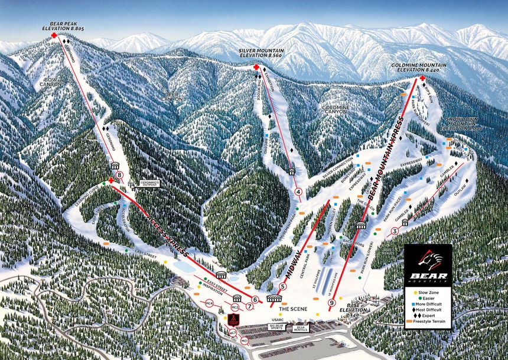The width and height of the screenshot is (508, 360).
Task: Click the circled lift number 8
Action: (x=120, y=175)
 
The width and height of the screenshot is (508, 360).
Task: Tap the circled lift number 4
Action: (x=299, y=192)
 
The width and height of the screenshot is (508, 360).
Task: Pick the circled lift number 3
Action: (x=394, y=231)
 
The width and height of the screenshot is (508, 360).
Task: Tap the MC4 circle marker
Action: (x=209, y=304)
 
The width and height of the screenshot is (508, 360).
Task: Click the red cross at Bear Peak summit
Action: (x=55, y=36)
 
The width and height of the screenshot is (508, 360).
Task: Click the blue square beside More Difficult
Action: (x=416, y=305)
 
